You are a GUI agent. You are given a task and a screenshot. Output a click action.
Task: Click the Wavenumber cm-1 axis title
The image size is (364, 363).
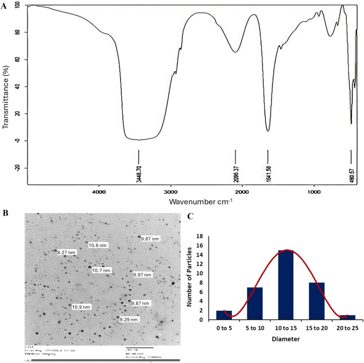pos(201,202)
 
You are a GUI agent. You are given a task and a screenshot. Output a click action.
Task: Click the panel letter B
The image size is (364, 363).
pos(5,213)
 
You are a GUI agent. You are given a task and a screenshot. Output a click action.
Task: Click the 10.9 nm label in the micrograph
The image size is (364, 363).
pos(81,307)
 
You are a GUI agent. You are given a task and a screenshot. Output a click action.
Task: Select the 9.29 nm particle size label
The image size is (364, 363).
pos(129,319)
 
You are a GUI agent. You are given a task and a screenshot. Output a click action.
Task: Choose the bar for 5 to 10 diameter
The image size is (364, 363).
pos(256,303)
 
